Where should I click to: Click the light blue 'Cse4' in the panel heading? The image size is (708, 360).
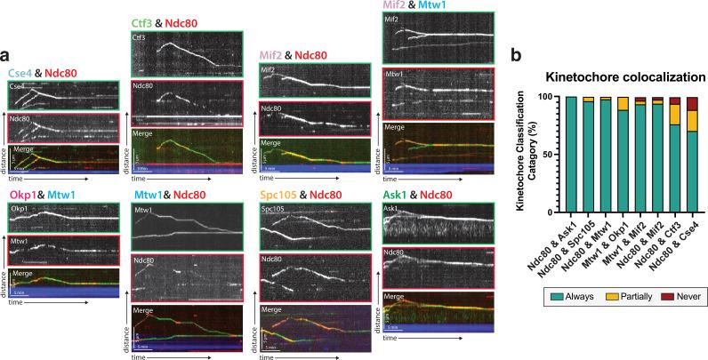tap(21, 73)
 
